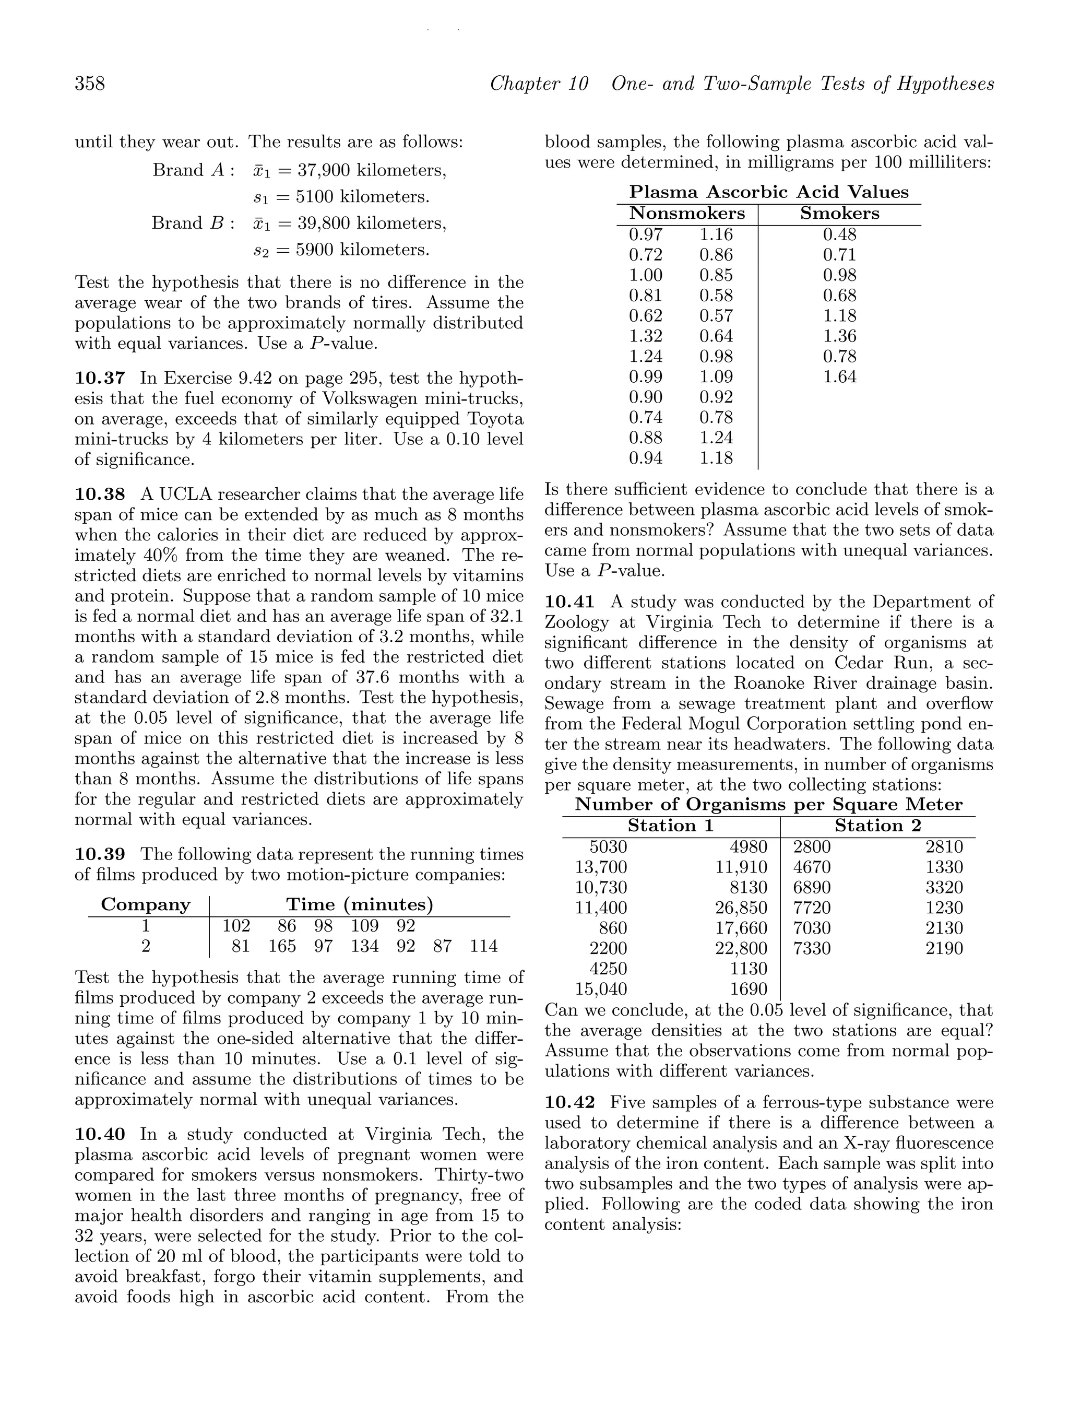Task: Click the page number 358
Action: (90, 84)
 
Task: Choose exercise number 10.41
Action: (569, 602)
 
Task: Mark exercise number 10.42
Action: (569, 1102)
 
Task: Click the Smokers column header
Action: (839, 214)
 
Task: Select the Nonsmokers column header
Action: (687, 214)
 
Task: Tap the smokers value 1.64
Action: (839, 377)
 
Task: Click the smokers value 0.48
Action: (839, 234)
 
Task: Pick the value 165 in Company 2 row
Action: (282, 946)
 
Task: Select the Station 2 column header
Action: (878, 826)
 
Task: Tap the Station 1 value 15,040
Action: (601, 990)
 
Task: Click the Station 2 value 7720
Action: (812, 908)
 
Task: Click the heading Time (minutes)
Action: (360, 904)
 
